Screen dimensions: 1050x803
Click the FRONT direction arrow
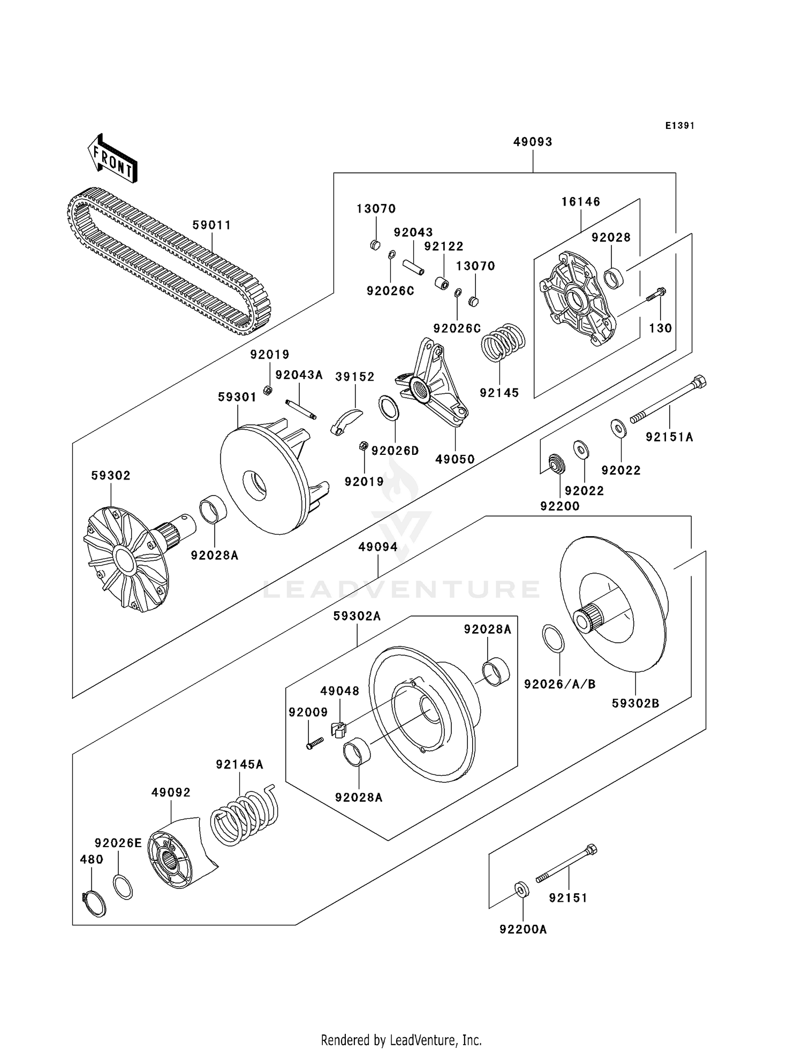[x=112, y=159]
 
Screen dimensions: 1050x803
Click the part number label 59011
[x=212, y=225]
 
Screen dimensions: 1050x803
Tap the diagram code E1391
[x=679, y=126]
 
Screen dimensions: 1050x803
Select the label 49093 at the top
[x=533, y=142]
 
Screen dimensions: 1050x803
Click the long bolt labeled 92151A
[x=669, y=399]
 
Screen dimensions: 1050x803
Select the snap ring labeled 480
[x=94, y=903]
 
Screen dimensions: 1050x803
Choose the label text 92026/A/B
[x=559, y=684]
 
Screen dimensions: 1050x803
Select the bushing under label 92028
[x=613, y=277]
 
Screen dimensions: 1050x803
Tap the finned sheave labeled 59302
[x=126, y=559]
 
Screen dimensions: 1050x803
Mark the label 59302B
[x=635, y=703]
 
